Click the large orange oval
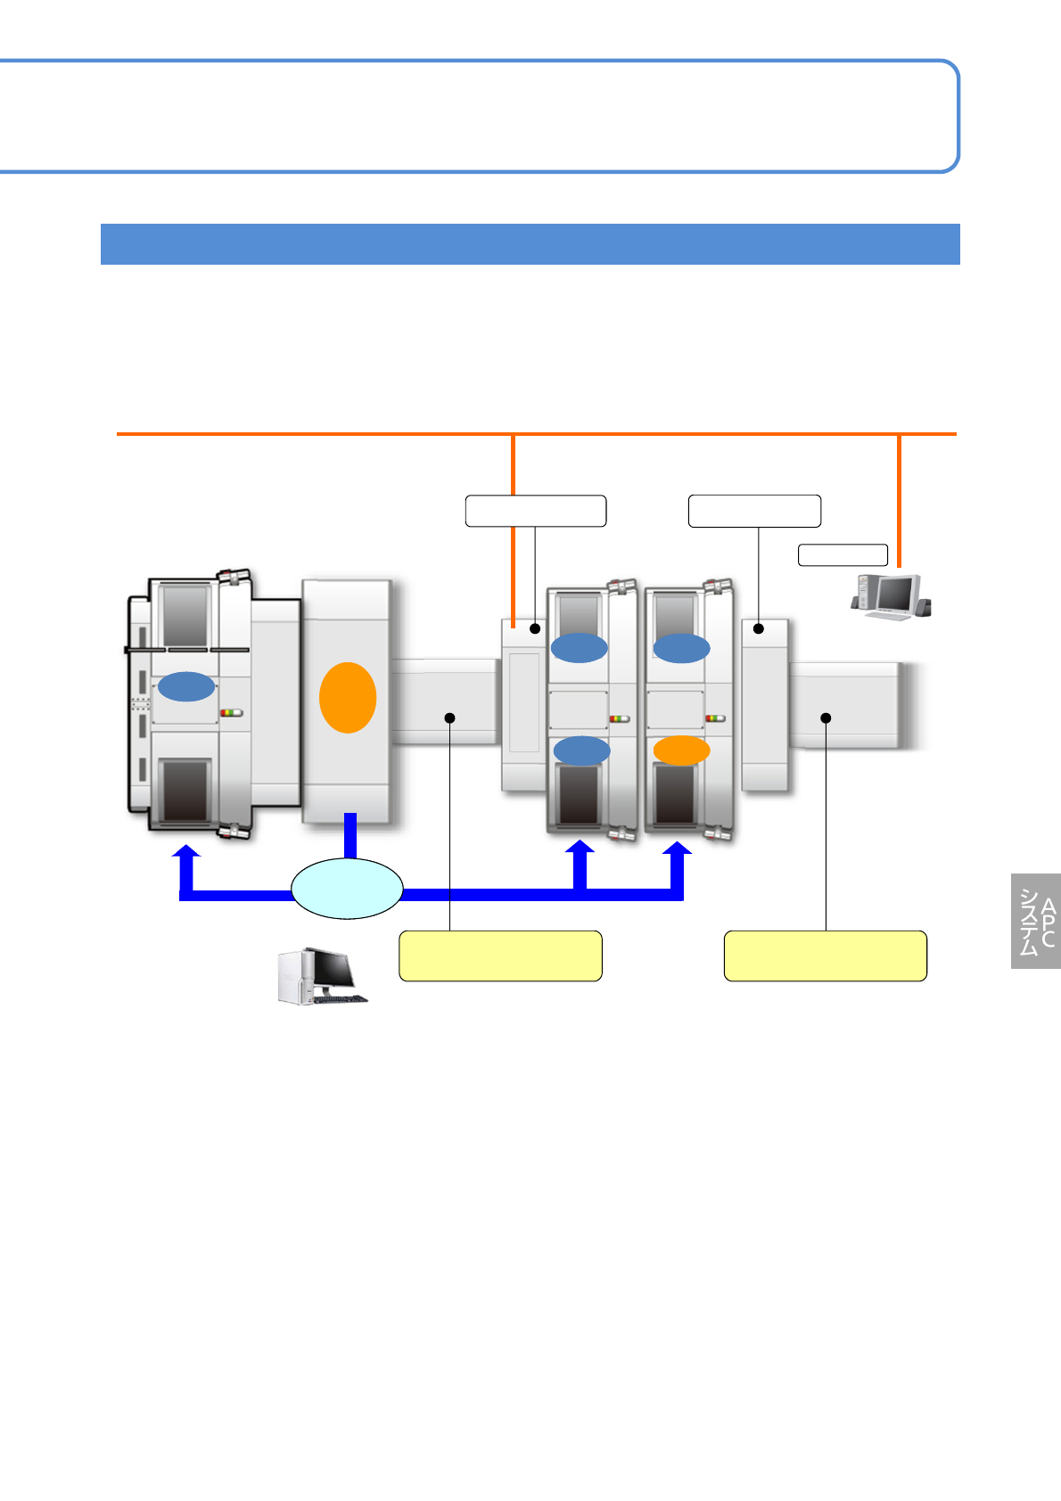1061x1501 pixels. pyautogui.click(x=348, y=698)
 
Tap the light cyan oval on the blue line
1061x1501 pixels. pyautogui.click(x=347, y=889)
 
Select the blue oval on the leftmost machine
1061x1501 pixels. pyautogui.click(x=186, y=686)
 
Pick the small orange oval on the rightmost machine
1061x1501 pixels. pyautogui.click(x=681, y=750)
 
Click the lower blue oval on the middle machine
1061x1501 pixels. pyautogui.click(x=581, y=750)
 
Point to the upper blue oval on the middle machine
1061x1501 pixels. pyautogui.click(x=579, y=647)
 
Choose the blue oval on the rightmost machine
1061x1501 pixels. pyautogui.click(x=681, y=647)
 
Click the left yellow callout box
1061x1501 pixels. pyautogui.click(x=500, y=956)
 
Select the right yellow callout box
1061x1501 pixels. pyautogui.click(x=825, y=956)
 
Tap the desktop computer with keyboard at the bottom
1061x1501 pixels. pyautogui.click(x=322, y=977)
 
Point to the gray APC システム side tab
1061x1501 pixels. pyautogui.click(x=1036, y=921)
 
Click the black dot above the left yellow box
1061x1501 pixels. pyautogui.click(x=450, y=718)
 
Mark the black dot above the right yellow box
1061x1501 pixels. pyautogui.click(x=826, y=718)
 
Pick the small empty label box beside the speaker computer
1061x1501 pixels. pyautogui.click(x=843, y=554)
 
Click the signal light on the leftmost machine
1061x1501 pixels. pyautogui.click(x=232, y=713)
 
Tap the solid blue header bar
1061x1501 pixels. pyautogui.click(x=530, y=244)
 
